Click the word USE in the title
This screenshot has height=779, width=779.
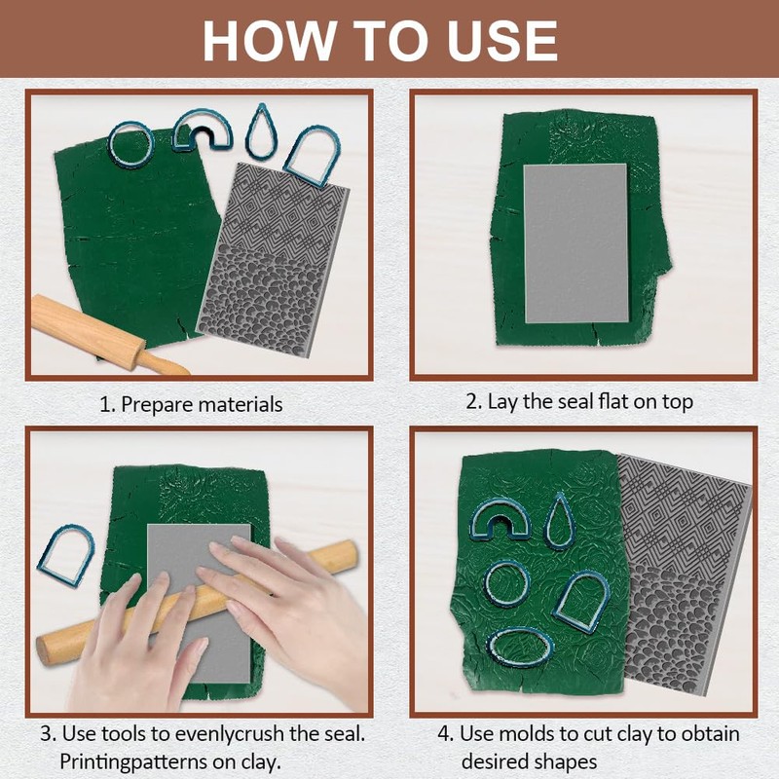502,40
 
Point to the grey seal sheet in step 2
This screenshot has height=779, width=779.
576,242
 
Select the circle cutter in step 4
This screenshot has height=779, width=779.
488,582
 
